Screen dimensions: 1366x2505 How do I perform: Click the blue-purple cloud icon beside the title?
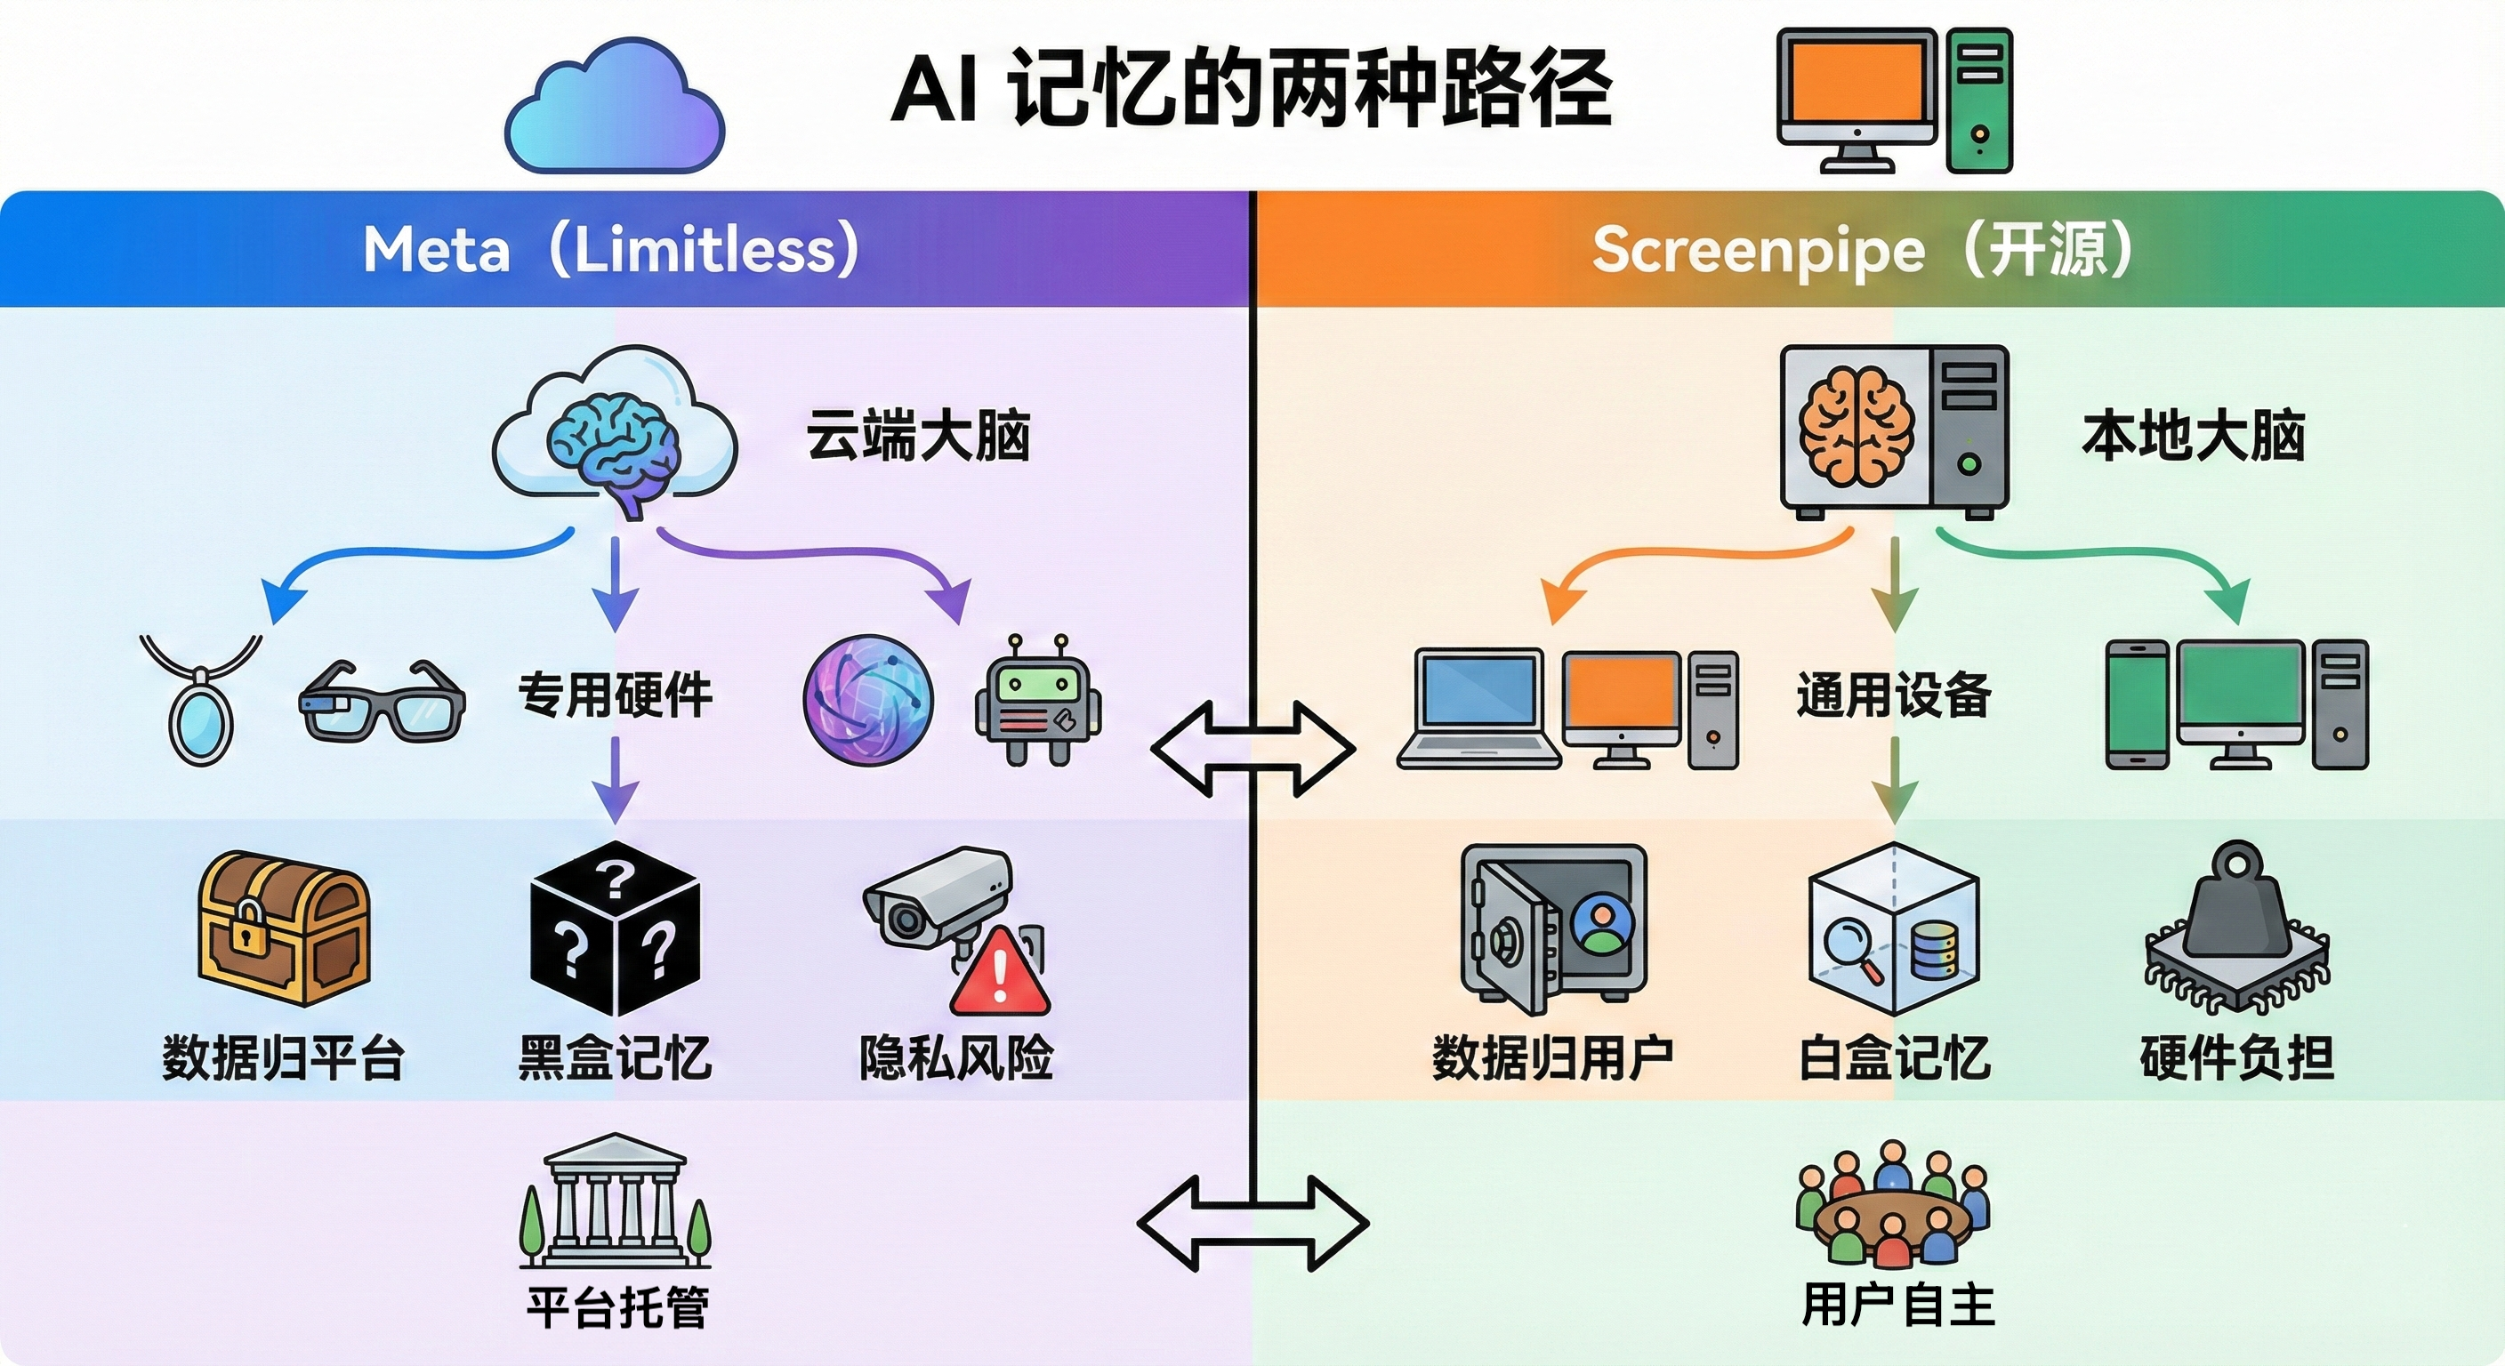click(x=615, y=107)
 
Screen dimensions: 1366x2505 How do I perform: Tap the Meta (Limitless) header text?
click(x=611, y=250)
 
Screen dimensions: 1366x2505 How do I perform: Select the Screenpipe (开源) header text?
click(x=1861, y=250)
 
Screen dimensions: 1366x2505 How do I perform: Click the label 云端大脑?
click(x=917, y=436)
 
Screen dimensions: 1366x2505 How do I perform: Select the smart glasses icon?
click(x=382, y=702)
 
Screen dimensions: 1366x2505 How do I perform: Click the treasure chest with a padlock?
click(x=283, y=928)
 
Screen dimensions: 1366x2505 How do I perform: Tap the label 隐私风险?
click(x=956, y=1057)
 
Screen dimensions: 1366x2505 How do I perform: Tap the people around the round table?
click(x=1891, y=1206)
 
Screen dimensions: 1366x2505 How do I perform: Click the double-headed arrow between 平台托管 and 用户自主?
click(x=1252, y=1223)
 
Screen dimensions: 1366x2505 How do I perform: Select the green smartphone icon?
click(x=2137, y=705)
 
